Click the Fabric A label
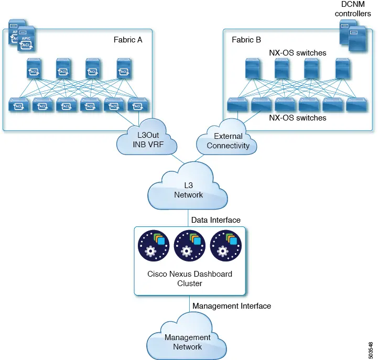click(x=128, y=40)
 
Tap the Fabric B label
click(x=246, y=40)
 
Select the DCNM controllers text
click(x=353, y=9)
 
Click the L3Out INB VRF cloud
click(x=147, y=137)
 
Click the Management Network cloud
click(x=187, y=337)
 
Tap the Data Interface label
click(x=216, y=220)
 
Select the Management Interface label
click(x=232, y=306)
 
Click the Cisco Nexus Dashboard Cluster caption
click(x=190, y=279)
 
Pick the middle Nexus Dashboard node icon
click(x=190, y=246)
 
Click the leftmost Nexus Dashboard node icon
click(x=154, y=246)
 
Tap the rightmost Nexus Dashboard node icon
click(x=226, y=246)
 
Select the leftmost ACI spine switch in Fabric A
click(x=34, y=69)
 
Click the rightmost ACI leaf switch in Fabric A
click(x=138, y=105)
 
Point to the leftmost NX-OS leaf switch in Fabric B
click(x=237, y=105)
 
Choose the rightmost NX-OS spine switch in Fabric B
click(x=343, y=69)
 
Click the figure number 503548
click(x=371, y=351)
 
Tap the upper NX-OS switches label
click(x=298, y=53)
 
